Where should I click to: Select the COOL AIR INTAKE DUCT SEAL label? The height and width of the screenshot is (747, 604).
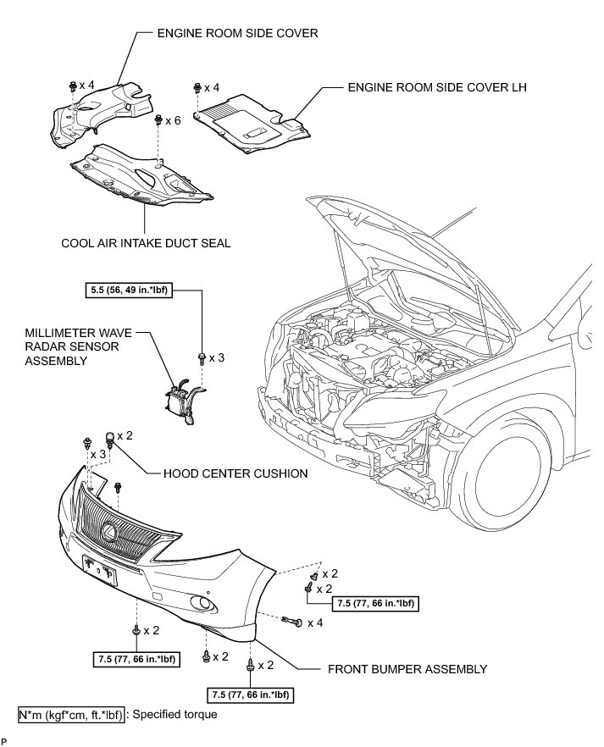coord(147,243)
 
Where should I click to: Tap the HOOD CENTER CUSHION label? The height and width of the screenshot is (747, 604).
coord(235,473)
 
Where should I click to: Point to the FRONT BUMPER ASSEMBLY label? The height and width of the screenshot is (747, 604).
coord(407,669)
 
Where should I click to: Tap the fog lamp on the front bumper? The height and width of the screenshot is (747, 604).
coord(202,603)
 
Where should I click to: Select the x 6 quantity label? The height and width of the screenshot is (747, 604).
coord(174,121)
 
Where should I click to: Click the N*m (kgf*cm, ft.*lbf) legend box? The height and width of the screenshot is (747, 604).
coord(71,714)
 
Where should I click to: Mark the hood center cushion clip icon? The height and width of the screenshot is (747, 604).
coord(108,438)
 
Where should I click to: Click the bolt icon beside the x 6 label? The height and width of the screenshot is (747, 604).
coord(159,121)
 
